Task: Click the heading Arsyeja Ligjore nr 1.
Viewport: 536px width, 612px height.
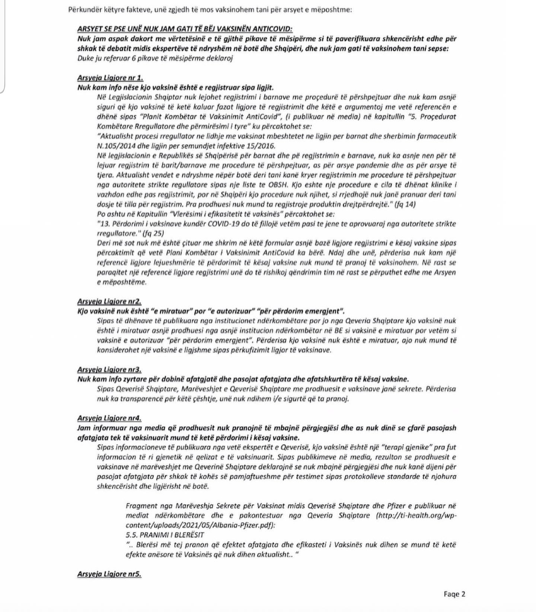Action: pyautogui.click(x=110, y=78)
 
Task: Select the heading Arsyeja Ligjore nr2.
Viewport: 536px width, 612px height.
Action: pyautogui.click(x=109, y=302)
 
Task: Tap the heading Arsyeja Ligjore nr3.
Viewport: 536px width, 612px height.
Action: pyautogui.click(x=109, y=370)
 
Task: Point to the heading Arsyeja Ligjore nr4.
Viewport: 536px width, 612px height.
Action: pyautogui.click(x=109, y=418)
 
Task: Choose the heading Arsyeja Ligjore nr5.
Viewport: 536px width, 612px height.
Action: pyautogui.click(x=109, y=574)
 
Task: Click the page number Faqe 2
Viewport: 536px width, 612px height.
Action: pyautogui.click(x=454, y=594)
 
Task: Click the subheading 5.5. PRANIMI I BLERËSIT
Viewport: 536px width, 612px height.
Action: pyautogui.click(x=165, y=535)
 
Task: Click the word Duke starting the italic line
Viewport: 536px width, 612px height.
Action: pyautogui.click(x=85, y=58)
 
